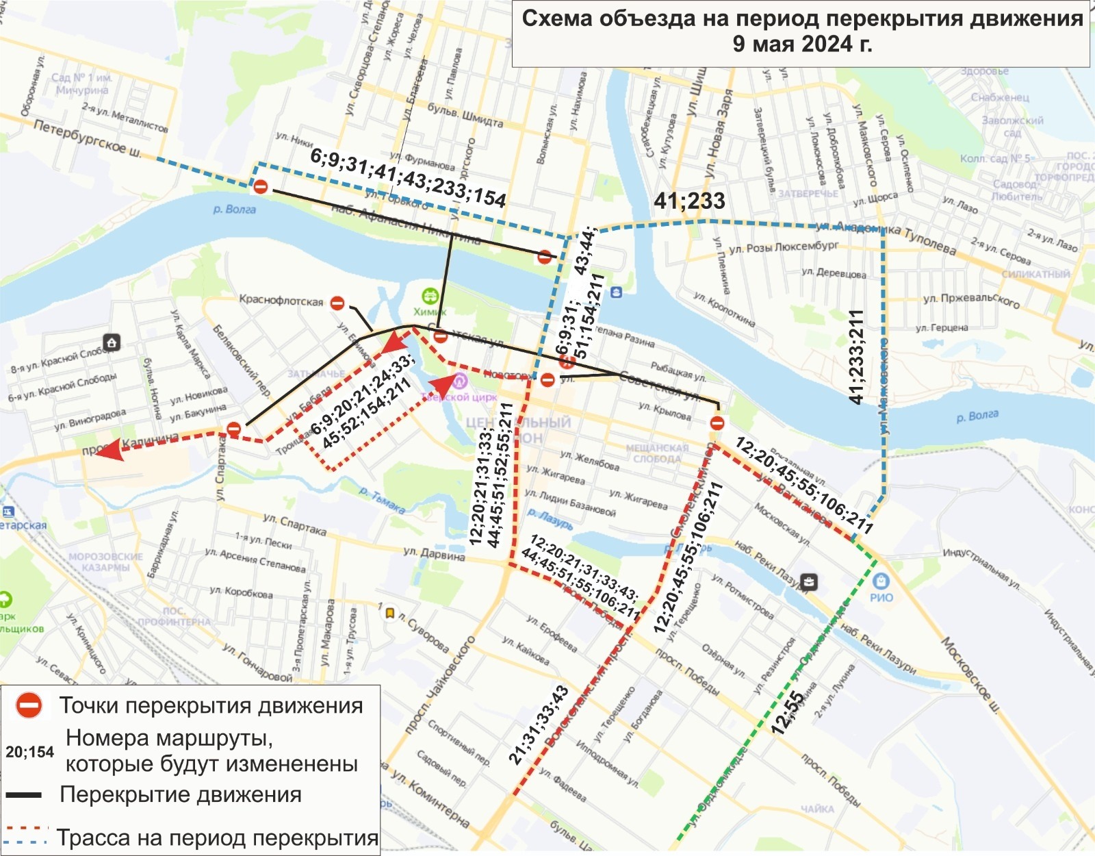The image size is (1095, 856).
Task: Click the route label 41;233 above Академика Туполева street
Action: [689, 201]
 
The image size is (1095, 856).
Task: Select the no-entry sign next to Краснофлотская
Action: [337, 303]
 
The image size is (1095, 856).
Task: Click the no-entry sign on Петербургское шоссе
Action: [260, 186]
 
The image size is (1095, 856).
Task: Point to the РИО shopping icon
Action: [881, 581]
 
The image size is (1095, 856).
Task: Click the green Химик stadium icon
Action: [430, 297]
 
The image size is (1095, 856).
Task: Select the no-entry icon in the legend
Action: [29, 705]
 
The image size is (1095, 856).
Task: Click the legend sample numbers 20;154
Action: [29, 752]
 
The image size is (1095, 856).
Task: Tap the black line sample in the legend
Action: [24, 795]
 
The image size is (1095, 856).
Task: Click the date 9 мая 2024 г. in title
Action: [802, 44]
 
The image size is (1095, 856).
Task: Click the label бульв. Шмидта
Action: [465, 115]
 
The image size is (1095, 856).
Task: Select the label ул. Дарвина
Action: [434, 553]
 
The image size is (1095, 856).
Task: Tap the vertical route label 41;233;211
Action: [856, 357]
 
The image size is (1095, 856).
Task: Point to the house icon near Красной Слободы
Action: [112, 342]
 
